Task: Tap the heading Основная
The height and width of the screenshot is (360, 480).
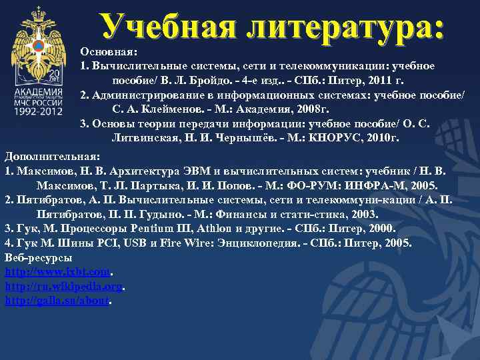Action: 109,51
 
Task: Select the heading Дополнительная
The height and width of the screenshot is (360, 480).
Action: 52,155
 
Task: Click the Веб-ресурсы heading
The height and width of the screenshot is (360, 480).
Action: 39,257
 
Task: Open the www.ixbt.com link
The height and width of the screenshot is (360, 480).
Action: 57,272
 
